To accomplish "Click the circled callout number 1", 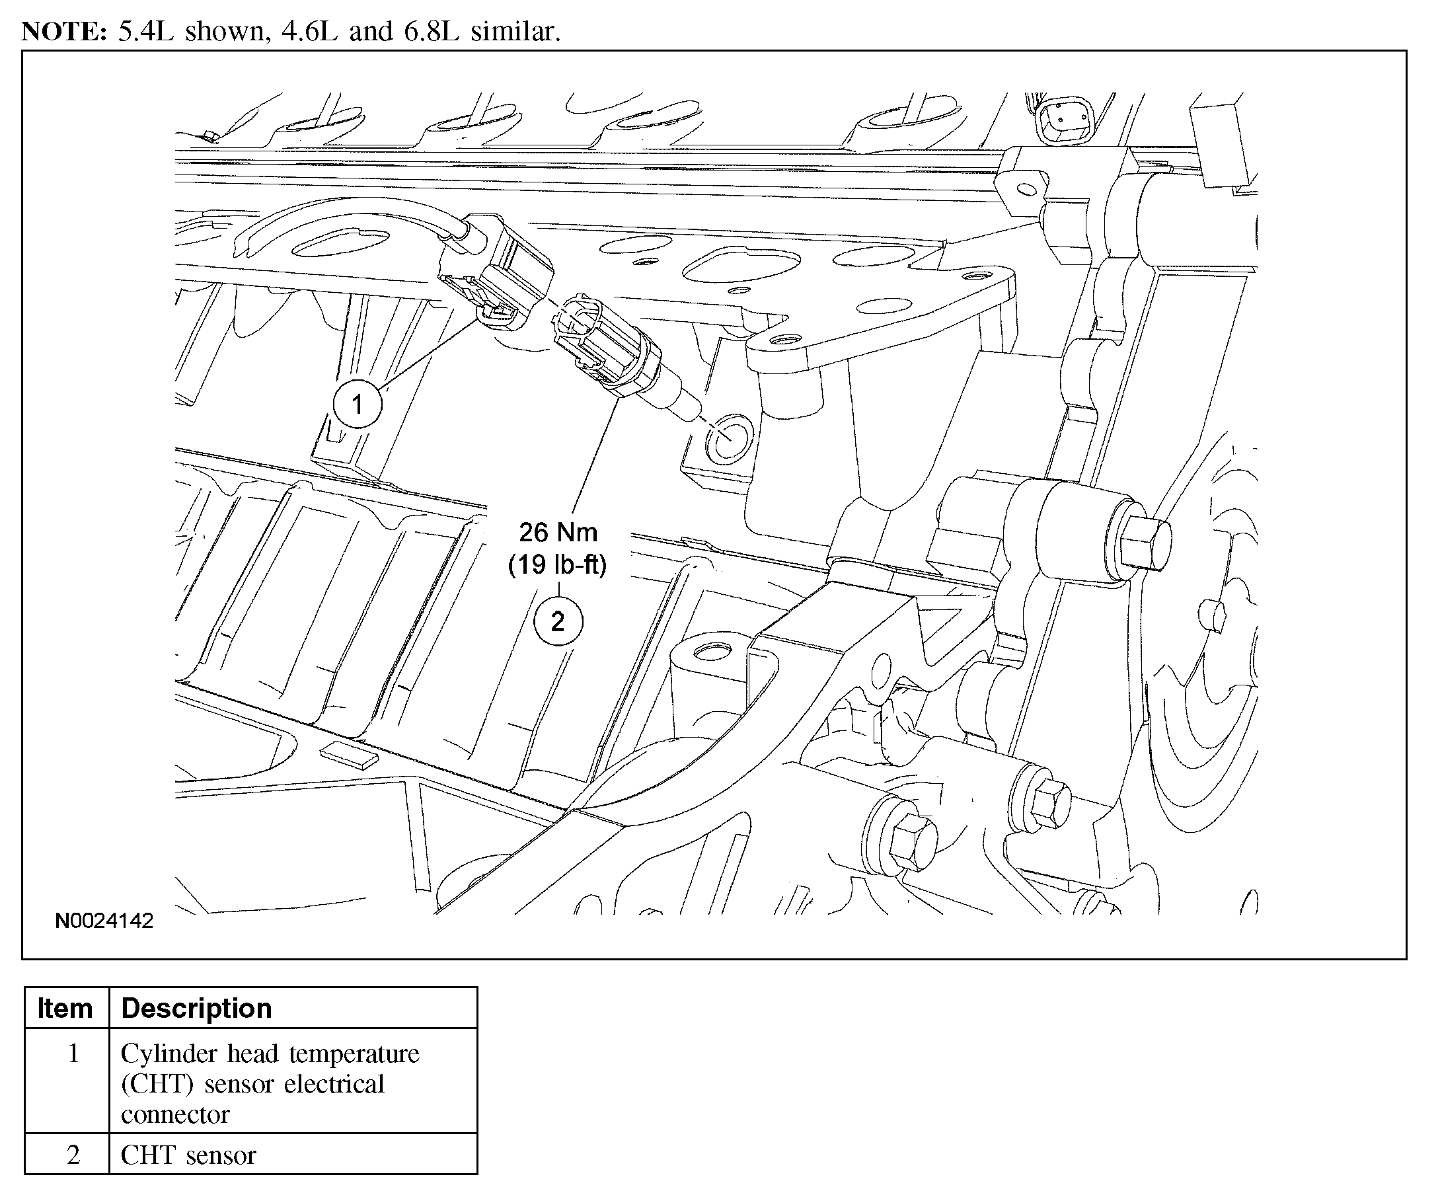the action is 357,404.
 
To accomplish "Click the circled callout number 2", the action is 558,622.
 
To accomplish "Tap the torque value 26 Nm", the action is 558,532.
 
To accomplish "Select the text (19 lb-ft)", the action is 557,564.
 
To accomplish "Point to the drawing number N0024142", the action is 104,921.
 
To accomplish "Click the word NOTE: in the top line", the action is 63,32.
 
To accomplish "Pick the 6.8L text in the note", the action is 431,32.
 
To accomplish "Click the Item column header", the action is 65,1008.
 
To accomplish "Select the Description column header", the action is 196,1008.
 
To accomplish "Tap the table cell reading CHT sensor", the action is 188,1155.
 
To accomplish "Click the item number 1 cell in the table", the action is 73,1054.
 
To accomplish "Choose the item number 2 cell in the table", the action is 73,1155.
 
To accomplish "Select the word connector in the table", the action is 175,1115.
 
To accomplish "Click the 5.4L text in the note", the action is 146,32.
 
